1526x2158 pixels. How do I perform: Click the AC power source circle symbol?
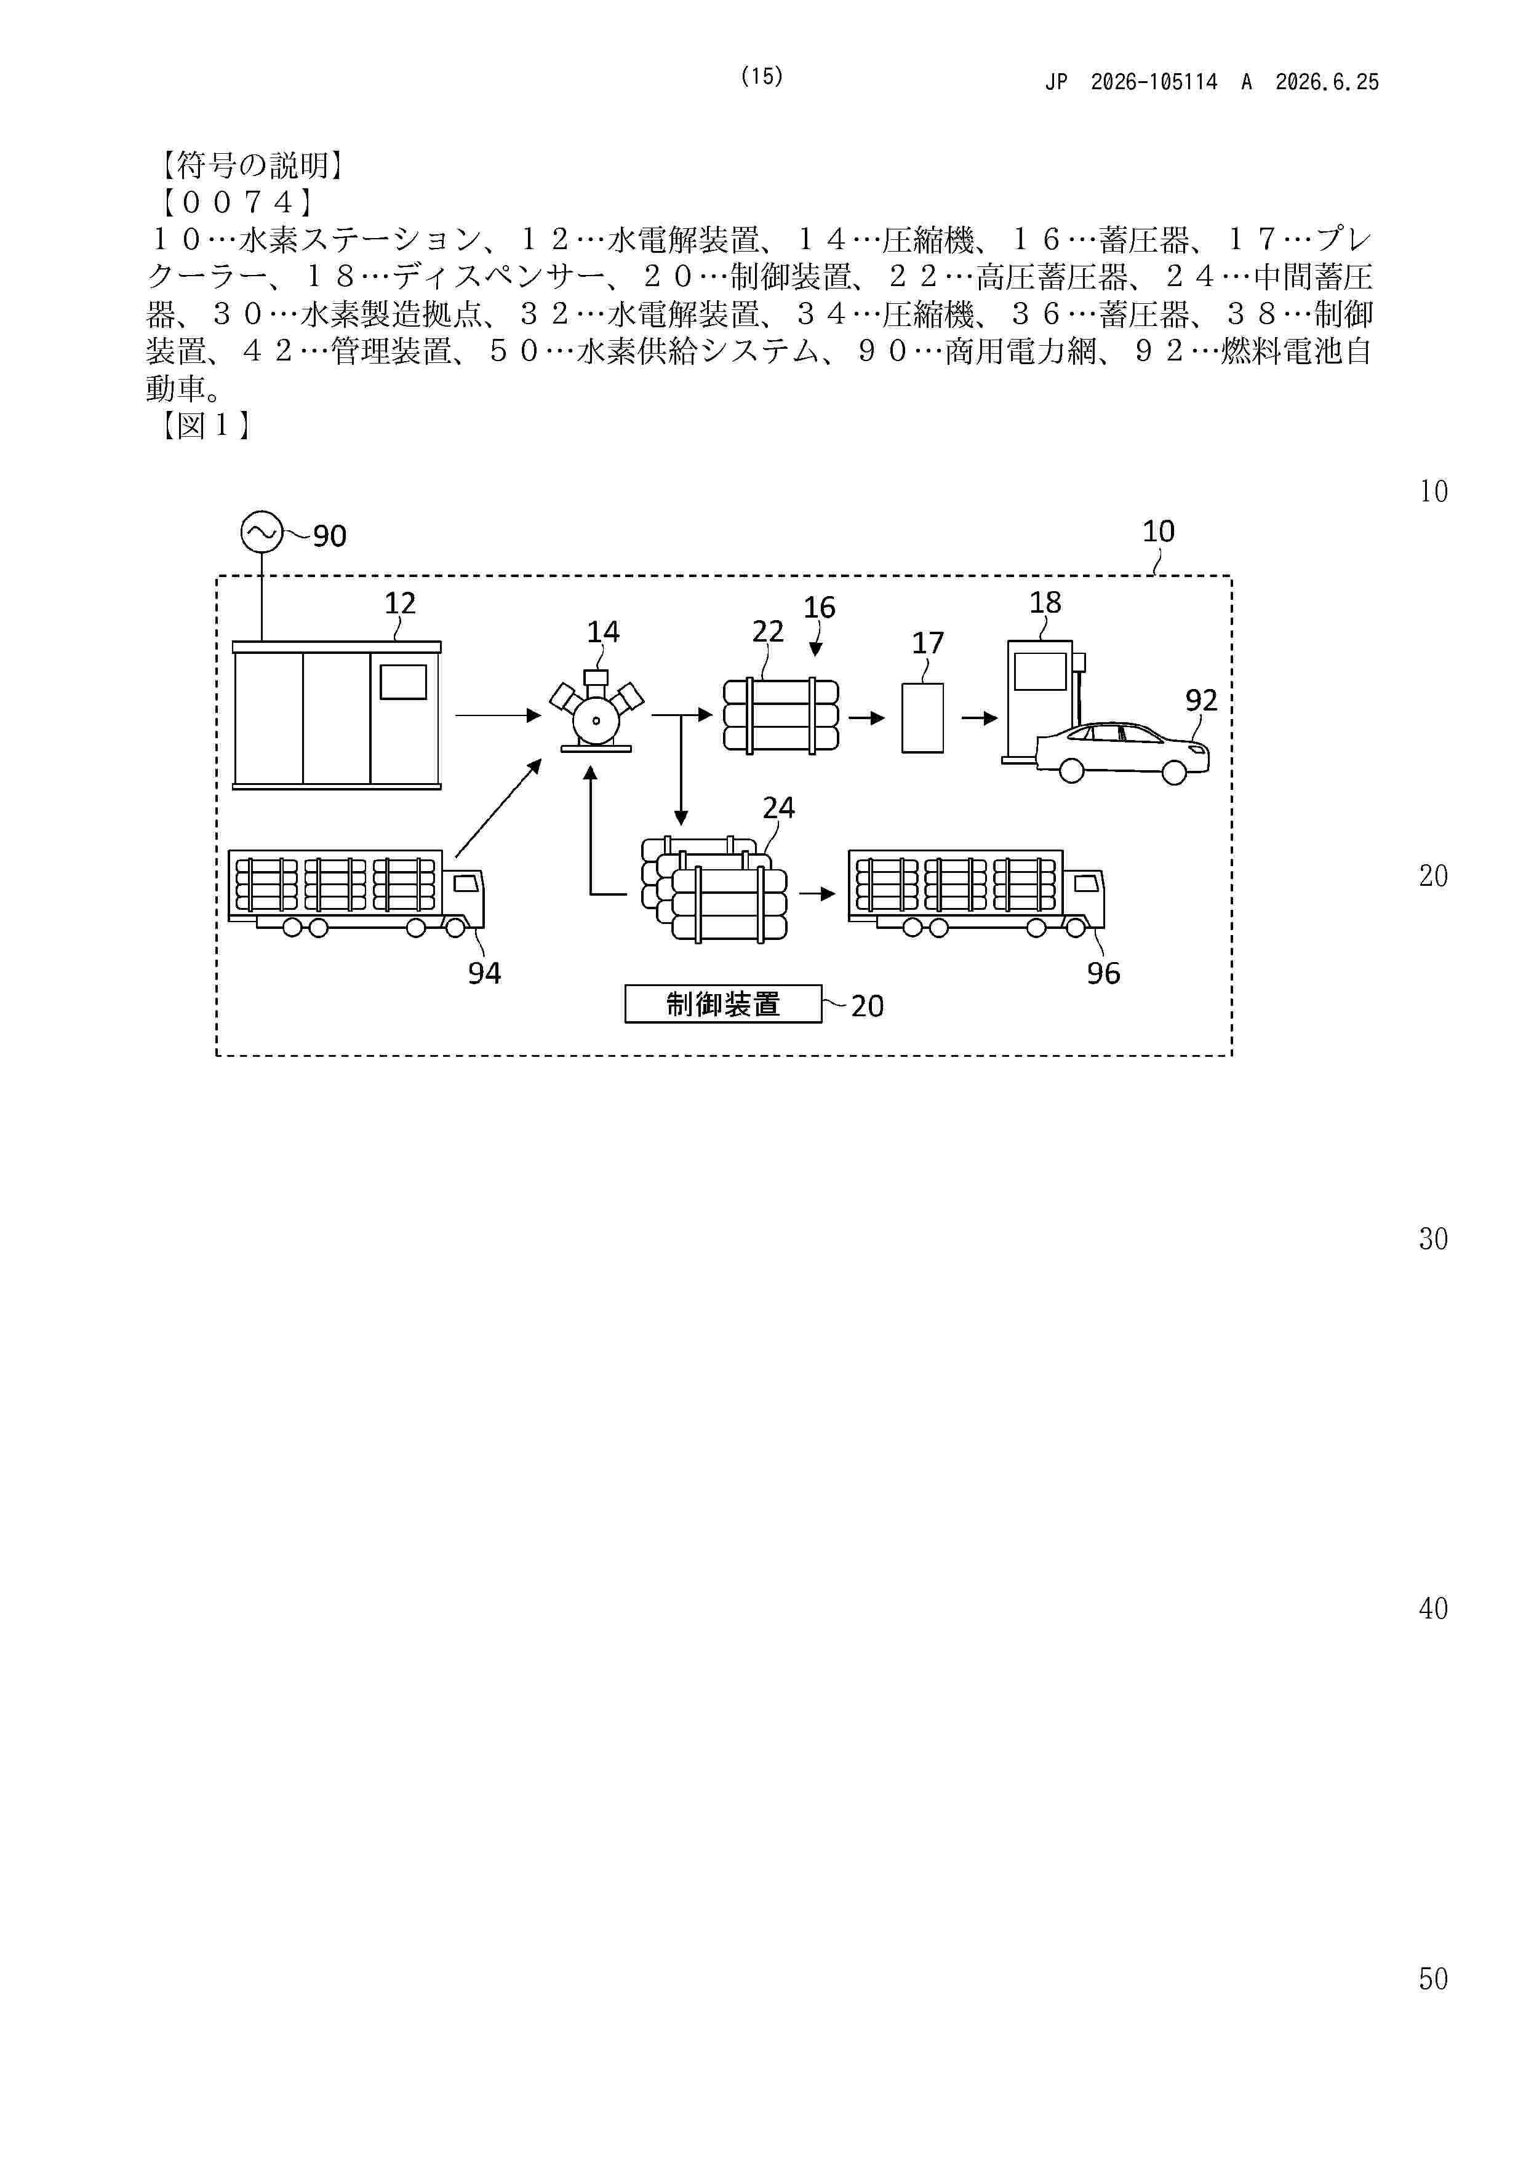(262, 532)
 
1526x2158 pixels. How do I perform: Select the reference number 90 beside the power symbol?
(330, 536)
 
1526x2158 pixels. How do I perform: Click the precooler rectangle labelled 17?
(922, 718)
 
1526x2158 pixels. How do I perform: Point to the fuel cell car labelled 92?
(1122, 752)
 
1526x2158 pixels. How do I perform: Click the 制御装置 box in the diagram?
(723, 1004)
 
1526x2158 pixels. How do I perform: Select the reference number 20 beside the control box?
(867, 1006)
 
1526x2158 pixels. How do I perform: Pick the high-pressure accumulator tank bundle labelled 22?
(780, 716)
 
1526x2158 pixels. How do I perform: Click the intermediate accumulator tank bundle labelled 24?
(714, 888)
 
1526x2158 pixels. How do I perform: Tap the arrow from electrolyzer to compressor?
(498, 716)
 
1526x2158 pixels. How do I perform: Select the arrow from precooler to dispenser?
(979, 718)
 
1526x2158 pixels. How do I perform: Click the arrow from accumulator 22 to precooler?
(867, 718)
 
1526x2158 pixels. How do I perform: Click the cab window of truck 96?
(1088, 883)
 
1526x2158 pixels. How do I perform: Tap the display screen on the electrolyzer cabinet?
(404, 682)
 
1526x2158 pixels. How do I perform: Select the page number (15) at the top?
(762, 76)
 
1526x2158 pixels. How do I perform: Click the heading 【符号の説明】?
(249, 165)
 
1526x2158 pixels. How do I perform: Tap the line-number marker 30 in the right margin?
(1433, 1239)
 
